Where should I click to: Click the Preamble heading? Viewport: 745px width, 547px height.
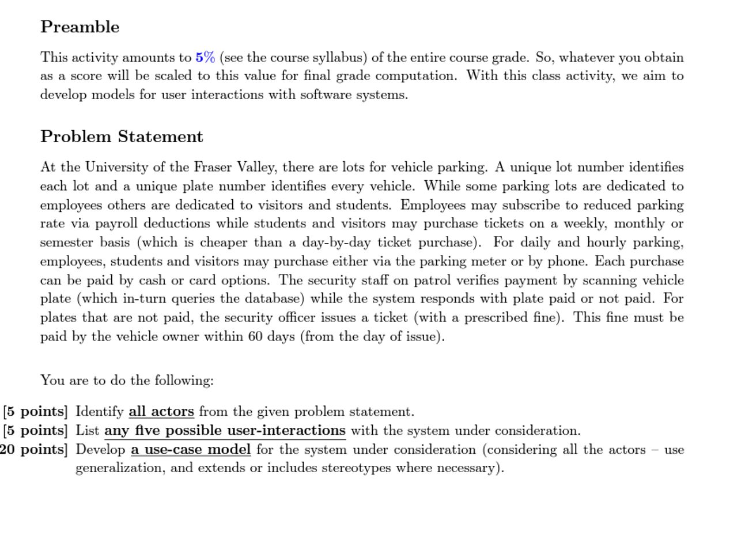(80, 27)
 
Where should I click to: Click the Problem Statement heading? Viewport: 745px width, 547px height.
(122, 136)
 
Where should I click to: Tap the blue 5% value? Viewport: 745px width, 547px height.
(205, 57)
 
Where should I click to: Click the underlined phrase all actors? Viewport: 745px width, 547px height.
(161, 412)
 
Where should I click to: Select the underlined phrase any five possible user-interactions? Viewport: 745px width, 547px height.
(225, 431)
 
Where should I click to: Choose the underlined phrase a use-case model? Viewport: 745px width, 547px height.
(191, 450)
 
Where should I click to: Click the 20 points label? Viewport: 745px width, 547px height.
(33, 450)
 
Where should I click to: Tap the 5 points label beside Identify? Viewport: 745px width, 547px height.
(36, 412)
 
